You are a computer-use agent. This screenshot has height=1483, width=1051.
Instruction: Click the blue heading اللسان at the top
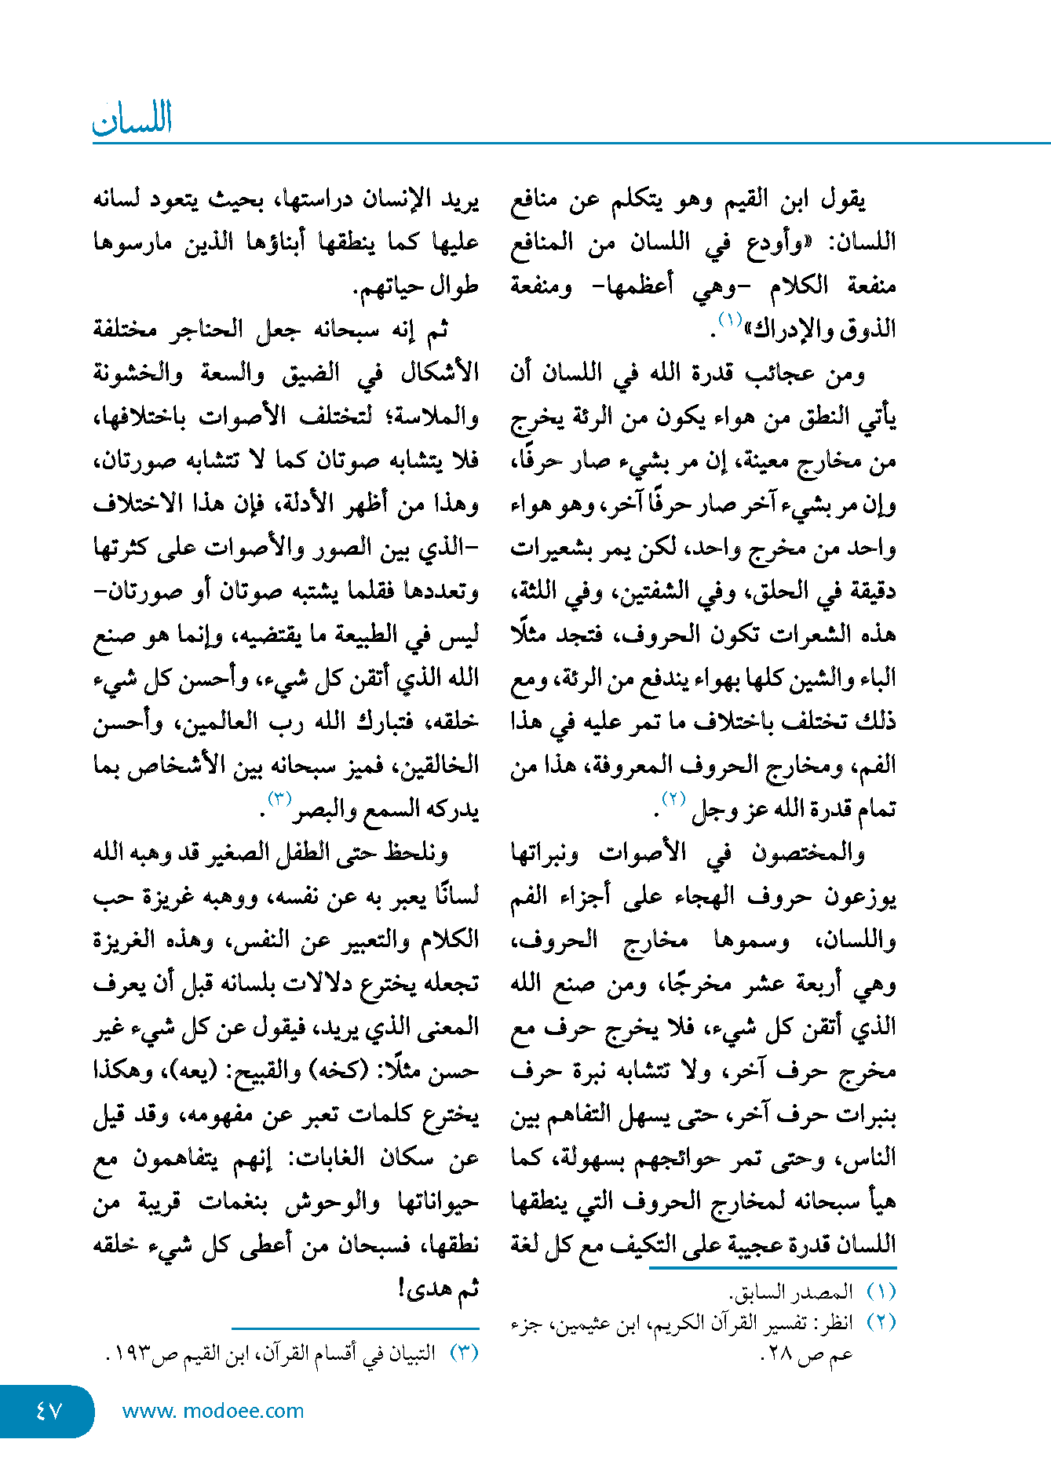click(132, 118)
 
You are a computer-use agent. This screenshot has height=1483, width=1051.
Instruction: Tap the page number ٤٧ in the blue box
click(49, 1410)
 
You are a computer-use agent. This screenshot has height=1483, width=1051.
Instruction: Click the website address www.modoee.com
click(213, 1411)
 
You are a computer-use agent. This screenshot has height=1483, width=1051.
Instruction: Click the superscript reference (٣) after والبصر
click(280, 800)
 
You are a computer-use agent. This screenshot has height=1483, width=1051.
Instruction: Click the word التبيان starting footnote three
click(410, 1354)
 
